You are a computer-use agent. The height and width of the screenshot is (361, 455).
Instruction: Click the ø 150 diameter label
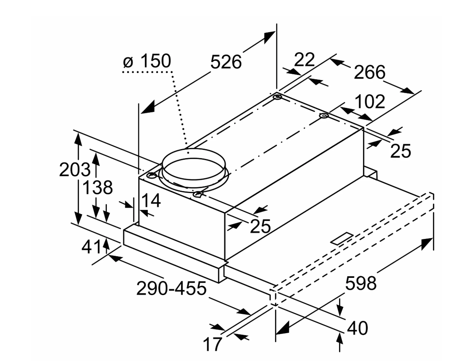(147, 62)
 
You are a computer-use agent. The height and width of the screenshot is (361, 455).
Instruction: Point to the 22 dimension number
(305, 60)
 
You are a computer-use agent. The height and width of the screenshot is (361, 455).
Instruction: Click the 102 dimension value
(369, 102)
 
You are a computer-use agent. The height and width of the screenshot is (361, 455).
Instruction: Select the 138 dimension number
(97, 188)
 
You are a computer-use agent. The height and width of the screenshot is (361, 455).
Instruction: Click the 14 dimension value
(151, 201)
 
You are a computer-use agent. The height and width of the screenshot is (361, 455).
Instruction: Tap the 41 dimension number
(91, 248)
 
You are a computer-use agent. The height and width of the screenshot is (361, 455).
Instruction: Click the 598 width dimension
(361, 283)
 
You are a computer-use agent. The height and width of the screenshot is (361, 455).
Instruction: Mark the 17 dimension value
(213, 345)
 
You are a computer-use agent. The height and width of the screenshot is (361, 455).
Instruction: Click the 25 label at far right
(400, 151)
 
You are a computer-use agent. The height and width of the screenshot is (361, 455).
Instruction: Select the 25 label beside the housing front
(260, 226)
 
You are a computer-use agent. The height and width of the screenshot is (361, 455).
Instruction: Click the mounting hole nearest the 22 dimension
(277, 97)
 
